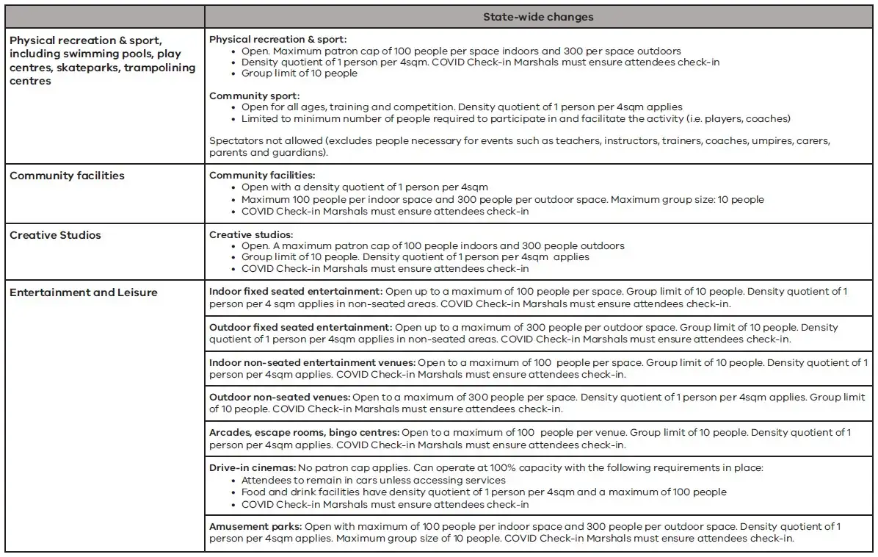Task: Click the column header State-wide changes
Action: (538, 17)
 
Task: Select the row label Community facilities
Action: (67, 176)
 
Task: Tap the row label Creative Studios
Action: (55, 235)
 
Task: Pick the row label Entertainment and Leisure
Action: (83, 292)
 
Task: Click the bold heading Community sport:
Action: (254, 96)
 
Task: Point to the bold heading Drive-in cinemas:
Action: (253, 467)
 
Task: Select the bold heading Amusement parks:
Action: (255, 526)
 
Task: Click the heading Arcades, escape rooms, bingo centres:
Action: (304, 432)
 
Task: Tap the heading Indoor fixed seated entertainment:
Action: (295, 291)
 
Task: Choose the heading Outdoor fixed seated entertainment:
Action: (300, 327)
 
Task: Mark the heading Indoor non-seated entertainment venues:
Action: (312, 362)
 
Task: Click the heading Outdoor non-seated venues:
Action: (279, 397)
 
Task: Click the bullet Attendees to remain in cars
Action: (373, 481)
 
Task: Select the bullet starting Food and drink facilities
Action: (483, 492)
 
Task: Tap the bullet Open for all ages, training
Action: (461, 107)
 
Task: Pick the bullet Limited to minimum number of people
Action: (515, 119)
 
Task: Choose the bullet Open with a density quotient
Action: (364, 187)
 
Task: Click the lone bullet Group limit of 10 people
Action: (299, 73)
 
